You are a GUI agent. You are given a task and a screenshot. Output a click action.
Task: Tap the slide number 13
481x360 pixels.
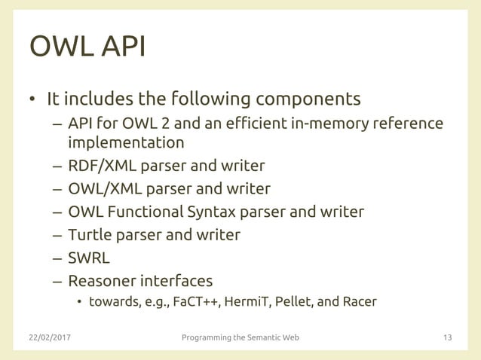coord(447,337)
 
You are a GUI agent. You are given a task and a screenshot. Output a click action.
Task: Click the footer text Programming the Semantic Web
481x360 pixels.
coord(240,337)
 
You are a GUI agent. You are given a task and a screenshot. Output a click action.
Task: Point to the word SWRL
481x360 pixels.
coord(89,258)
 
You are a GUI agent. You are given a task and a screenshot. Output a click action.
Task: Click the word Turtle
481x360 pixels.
coord(91,234)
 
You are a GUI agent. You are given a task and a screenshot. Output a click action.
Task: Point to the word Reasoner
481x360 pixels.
coord(101,281)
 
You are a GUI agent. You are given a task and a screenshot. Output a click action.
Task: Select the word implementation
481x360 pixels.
coord(126,142)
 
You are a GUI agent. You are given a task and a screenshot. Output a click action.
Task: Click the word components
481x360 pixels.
coord(308,99)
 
